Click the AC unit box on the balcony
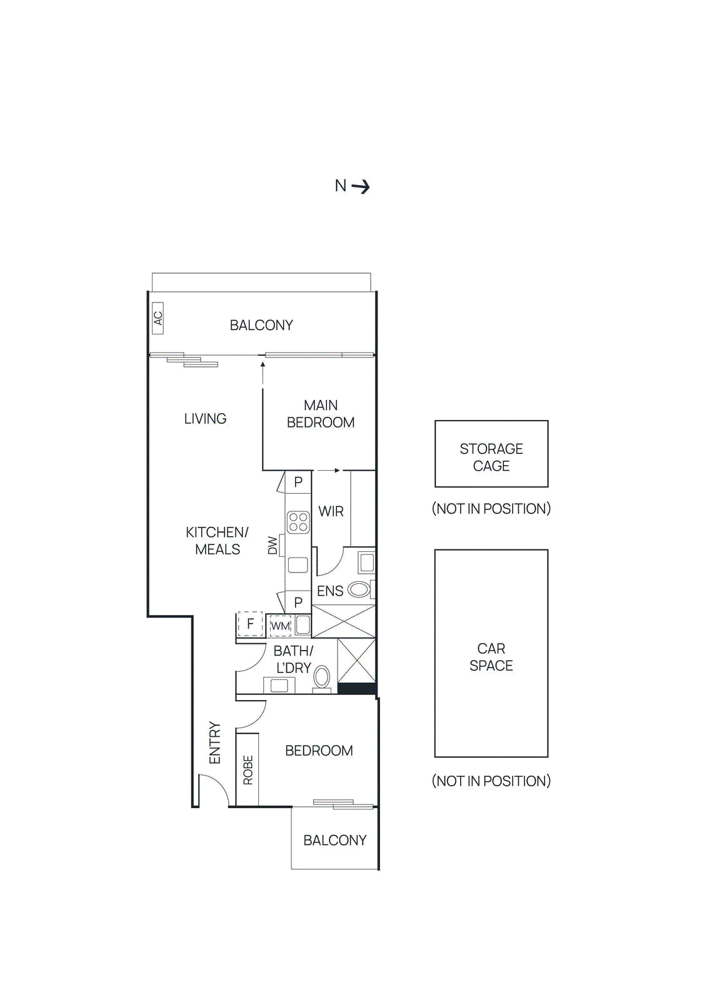(158, 318)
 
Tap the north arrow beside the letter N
(361, 186)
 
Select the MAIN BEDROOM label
(320, 414)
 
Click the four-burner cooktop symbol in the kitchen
(298, 522)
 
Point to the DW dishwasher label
(273, 546)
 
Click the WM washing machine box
(280, 626)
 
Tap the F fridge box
(250, 624)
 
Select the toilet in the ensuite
(359, 589)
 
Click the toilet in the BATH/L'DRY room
(322, 677)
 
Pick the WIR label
(331, 511)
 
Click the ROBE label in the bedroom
(248, 769)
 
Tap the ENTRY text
(214, 742)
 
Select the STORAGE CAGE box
(491, 454)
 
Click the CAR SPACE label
(491, 657)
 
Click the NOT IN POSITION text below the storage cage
(491, 509)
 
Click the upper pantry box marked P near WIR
(298, 482)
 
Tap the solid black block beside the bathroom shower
(356, 688)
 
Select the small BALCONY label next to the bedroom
(335, 840)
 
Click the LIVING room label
(205, 419)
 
